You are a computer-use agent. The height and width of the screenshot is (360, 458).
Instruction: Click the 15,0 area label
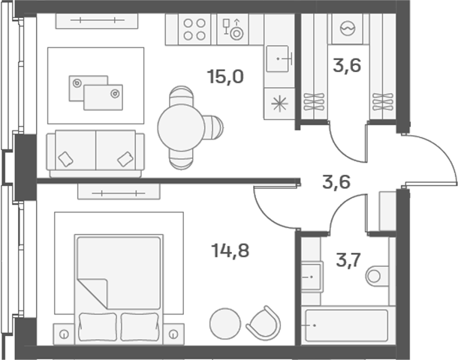click(x=225, y=77)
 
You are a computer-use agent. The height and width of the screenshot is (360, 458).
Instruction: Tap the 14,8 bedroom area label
click(x=231, y=250)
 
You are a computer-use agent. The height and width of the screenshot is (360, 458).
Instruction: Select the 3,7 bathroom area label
click(x=348, y=260)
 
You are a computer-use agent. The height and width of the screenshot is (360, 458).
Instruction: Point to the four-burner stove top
click(x=194, y=29)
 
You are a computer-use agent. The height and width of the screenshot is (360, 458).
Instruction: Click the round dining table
click(x=181, y=127)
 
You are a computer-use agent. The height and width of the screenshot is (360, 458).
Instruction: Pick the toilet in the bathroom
click(x=377, y=276)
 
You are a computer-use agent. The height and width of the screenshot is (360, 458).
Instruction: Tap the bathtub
click(x=347, y=325)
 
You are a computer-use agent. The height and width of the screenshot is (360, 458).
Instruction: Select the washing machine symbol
click(x=348, y=29)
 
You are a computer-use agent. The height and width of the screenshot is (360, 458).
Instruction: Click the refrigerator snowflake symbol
click(x=279, y=103)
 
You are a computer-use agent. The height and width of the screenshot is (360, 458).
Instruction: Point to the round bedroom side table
click(x=225, y=323)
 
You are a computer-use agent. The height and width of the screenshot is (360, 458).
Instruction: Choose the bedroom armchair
click(x=264, y=323)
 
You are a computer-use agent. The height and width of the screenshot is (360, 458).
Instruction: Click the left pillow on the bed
click(x=98, y=327)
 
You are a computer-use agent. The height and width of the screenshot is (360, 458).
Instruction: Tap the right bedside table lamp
click(x=173, y=334)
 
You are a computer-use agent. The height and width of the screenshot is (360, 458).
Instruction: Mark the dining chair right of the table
click(x=212, y=127)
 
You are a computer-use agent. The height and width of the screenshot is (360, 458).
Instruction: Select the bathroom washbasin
click(x=312, y=277)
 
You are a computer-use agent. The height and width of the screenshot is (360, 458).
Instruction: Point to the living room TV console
click(x=97, y=21)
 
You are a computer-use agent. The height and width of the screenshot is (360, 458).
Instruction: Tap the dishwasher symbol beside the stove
click(x=233, y=29)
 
